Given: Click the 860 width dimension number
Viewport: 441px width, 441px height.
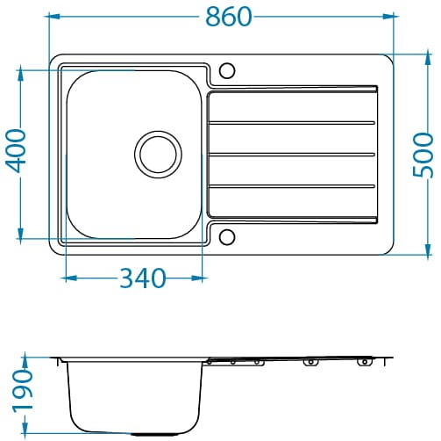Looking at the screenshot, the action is pyautogui.click(x=229, y=17).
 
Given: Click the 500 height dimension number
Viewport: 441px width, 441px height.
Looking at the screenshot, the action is pyautogui.click(x=423, y=155).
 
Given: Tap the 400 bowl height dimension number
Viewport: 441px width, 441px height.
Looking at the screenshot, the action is pyautogui.click(x=17, y=150).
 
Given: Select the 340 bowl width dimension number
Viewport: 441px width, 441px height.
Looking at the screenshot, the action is pyautogui.click(x=143, y=278).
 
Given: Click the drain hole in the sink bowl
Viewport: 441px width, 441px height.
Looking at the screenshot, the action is pyautogui.click(x=158, y=155).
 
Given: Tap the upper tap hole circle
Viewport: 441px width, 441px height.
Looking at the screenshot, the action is pyautogui.click(x=227, y=70).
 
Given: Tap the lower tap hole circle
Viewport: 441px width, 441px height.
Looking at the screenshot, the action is pyautogui.click(x=227, y=237).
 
